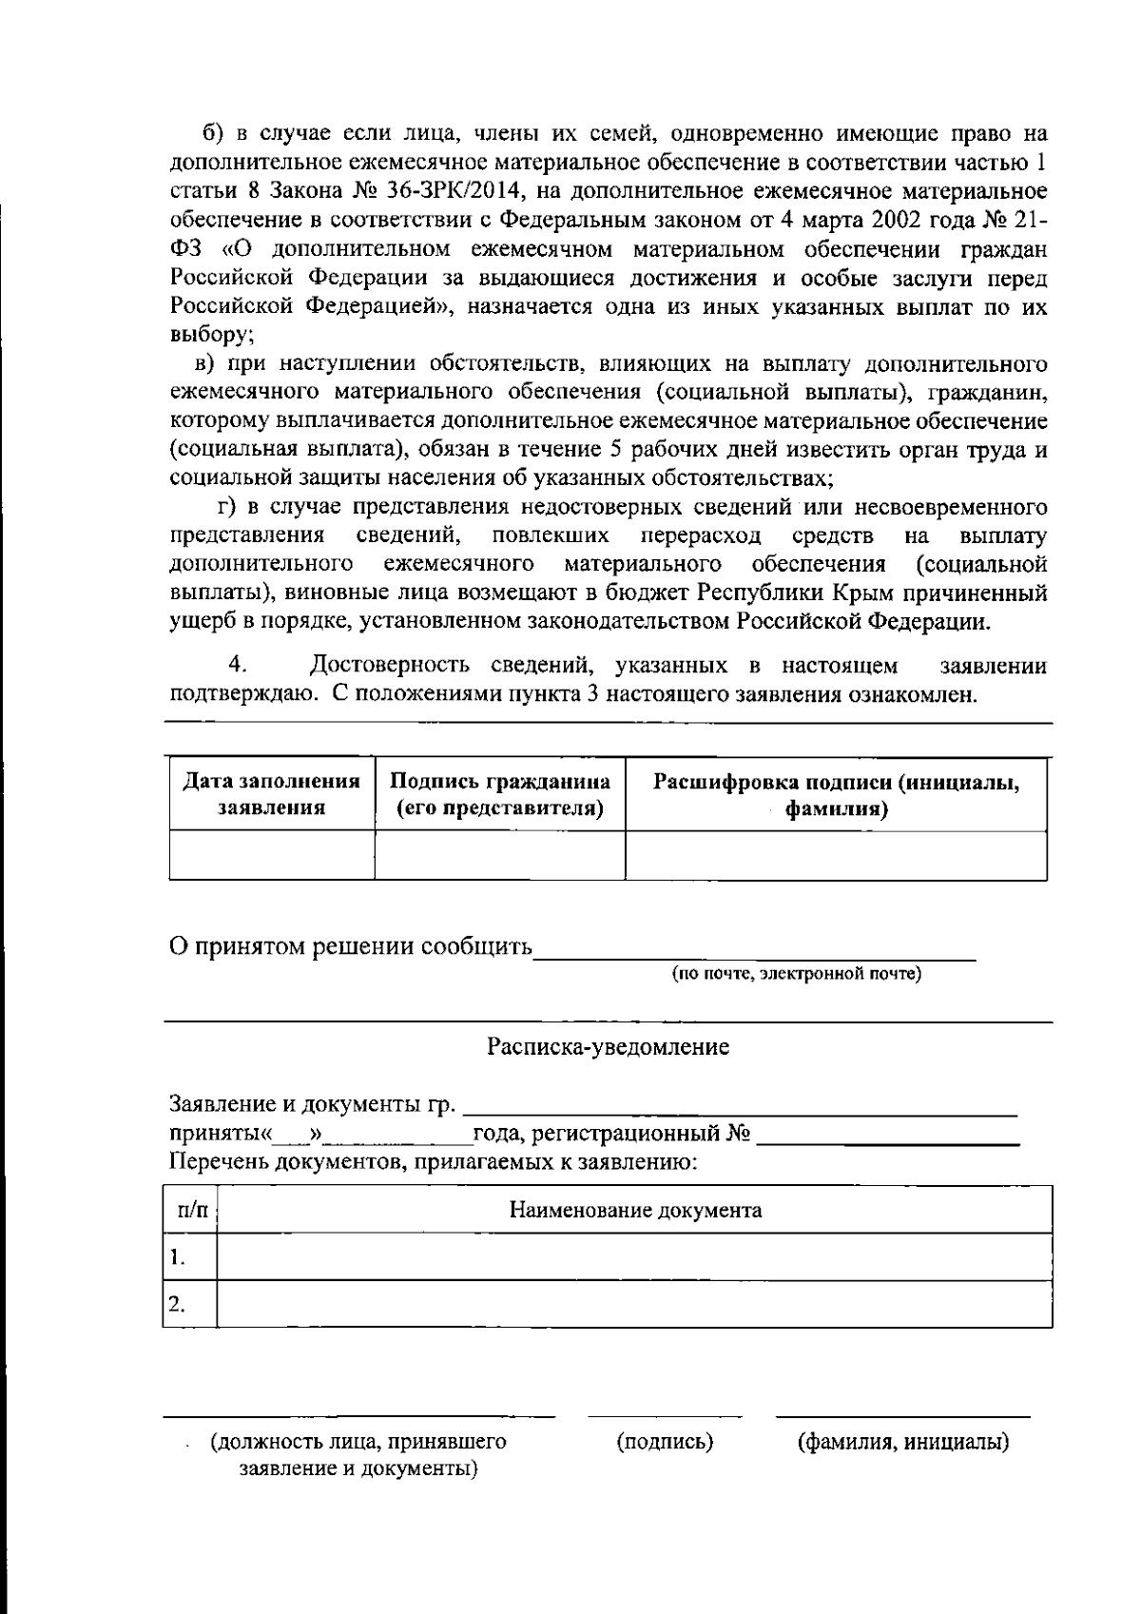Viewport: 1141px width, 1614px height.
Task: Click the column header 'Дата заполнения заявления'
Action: pyautogui.click(x=272, y=795)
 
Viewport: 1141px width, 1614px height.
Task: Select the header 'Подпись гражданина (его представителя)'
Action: pyautogui.click(x=500, y=795)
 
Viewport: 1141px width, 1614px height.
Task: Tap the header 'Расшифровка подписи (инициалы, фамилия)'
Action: pyautogui.click(x=836, y=795)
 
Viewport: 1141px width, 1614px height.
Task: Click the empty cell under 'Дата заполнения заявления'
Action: pyautogui.click(x=272, y=855)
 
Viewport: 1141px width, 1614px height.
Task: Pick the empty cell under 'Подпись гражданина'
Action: pyautogui.click(x=500, y=855)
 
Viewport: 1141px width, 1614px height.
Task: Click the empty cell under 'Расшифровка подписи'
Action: pyautogui.click(x=836, y=855)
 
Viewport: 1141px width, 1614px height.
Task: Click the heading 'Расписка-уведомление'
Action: pyautogui.click(x=609, y=1047)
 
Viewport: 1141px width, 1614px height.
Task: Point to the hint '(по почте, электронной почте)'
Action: pyautogui.click(x=796, y=974)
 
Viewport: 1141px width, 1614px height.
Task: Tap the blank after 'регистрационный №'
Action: pyautogui.click(x=888, y=1135)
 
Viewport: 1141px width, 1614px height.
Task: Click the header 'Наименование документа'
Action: pyautogui.click(x=635, y=1211)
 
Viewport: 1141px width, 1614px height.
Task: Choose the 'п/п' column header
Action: pyautogui.click(x=191, y=1211)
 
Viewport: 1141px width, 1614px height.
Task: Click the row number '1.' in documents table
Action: pyautogui.click(x=177, y=1258)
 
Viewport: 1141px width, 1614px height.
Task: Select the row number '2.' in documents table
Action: pyautogui.click(x=177, y=1304)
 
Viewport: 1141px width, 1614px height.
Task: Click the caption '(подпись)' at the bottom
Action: pyautogui.click(x=665, y=1443)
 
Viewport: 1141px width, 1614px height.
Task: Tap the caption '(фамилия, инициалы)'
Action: pyautogui.click(x=902, y=1443)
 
